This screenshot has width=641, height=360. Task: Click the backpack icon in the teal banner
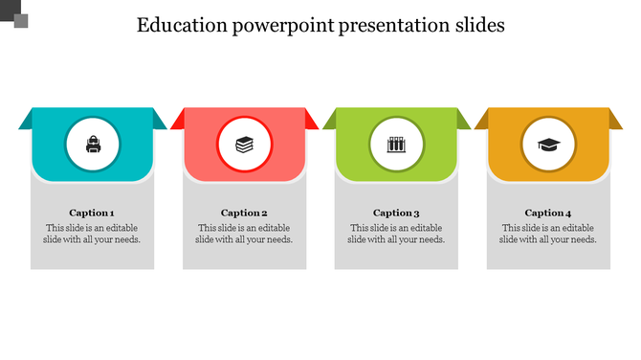(93, 146)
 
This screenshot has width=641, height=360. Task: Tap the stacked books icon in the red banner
(245, 146)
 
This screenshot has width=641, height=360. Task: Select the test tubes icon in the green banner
(396, 146)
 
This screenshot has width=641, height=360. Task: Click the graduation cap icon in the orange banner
(548, 146)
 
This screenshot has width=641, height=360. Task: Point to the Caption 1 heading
(93, 213)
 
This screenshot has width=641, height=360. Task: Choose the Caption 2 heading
(244, 213)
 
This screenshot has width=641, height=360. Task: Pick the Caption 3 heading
(396, 213)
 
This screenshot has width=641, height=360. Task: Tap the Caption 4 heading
(548, 213)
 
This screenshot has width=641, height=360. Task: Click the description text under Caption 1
(93, 234)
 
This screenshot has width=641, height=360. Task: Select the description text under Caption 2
(244, 234)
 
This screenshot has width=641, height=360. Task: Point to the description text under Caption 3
(396, 234)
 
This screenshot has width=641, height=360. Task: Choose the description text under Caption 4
(548, 234)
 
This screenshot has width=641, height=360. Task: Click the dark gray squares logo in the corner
(15, 14)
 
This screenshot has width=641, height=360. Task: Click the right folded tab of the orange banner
(616, 120)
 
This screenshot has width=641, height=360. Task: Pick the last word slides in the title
(477, 26)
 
